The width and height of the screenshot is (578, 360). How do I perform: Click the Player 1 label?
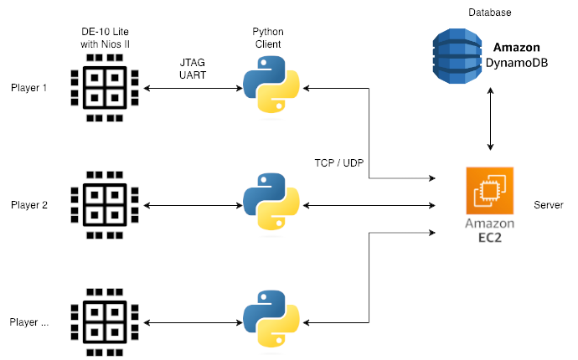pyautogui.click(x=29, y=88)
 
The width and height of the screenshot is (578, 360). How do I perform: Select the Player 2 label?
pyautogui.click(x=29, y=204)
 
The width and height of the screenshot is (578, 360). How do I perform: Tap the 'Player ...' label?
pyautogui.click(x=29, y=321)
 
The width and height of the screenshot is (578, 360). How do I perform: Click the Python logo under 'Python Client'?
pyautogui.click(x=271, y=86)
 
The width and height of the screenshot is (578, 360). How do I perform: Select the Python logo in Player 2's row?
pyautogui.click(x=271, y=203)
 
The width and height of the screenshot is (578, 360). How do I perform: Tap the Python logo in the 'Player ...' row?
pyautogui.click(x=271, y=321)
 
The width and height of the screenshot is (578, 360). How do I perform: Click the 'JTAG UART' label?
pyautogui.click(x=194, y=68)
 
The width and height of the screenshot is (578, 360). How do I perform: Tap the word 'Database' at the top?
pyautogui.click(x=490, y=13)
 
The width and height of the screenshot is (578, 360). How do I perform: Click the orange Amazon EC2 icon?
pyautogui.click(x=490, y=192)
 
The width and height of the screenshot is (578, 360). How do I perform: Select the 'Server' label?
pyautogui.click(x=548, y=205)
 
